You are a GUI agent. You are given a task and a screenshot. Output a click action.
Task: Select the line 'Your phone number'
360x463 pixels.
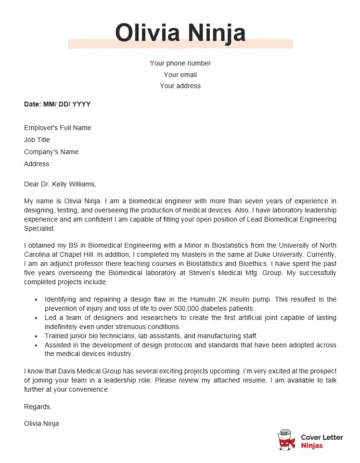[x=180, y=63]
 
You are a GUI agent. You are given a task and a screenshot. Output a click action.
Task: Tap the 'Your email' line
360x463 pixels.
[x=180, y=74]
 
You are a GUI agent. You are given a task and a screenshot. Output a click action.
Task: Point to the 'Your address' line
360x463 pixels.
[x=180, y=85]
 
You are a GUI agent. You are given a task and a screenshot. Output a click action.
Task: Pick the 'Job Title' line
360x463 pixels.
[x=39, y=139]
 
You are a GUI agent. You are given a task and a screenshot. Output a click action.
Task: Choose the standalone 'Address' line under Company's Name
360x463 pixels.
[x=37, y=162]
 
